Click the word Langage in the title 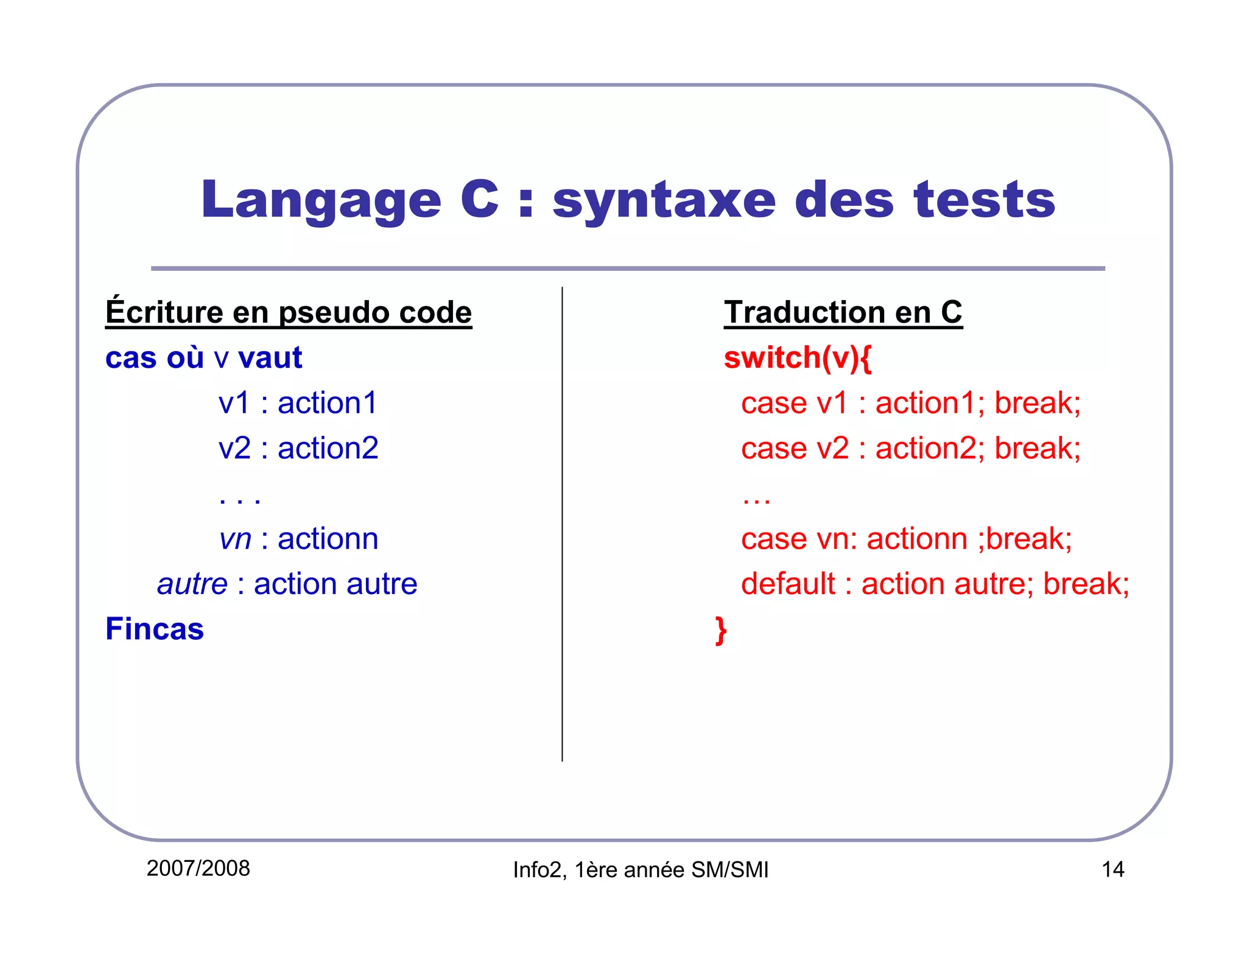321,201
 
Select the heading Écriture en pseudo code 289,312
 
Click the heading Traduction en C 843,312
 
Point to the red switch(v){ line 798,357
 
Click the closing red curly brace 721,630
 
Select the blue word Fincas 155,629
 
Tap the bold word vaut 270,357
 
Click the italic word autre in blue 192,584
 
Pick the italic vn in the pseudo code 235,539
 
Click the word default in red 788,584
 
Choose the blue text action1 328,403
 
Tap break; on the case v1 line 1038,403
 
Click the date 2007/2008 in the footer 198,869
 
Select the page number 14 1112,869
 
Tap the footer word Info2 537,870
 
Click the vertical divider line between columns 562,524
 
